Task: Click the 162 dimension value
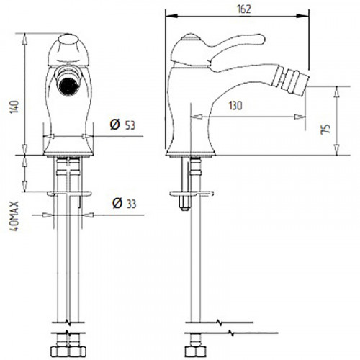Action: [x=244, y=9]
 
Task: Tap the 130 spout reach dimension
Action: [x=235, y=106]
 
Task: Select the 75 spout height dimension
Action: [x=325, y=129]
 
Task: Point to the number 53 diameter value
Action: [x=130, y=125]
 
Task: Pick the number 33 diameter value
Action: [x=131, y=204]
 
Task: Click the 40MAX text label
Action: [x=14, y=216]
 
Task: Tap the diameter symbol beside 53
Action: [x=114, y=125]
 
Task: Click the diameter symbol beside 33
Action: [x=117, y=203]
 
